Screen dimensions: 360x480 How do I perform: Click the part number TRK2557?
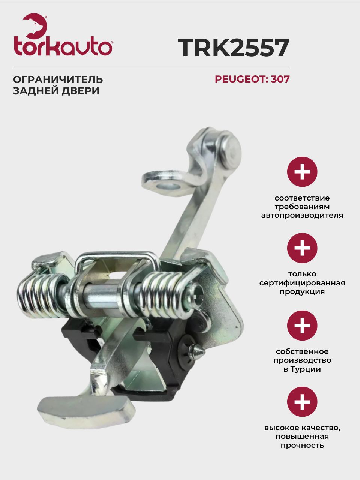234,48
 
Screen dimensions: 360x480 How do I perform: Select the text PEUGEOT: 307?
252,79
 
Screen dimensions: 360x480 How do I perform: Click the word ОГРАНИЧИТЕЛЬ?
58,79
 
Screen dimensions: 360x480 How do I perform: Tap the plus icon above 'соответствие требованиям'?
302,172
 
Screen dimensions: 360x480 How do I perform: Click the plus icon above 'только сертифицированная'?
302,248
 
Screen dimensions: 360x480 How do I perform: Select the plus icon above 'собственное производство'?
302,325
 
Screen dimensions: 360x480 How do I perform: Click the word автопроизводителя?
302,216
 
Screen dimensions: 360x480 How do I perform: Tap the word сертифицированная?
302,283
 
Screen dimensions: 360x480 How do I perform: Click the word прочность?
302,445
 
